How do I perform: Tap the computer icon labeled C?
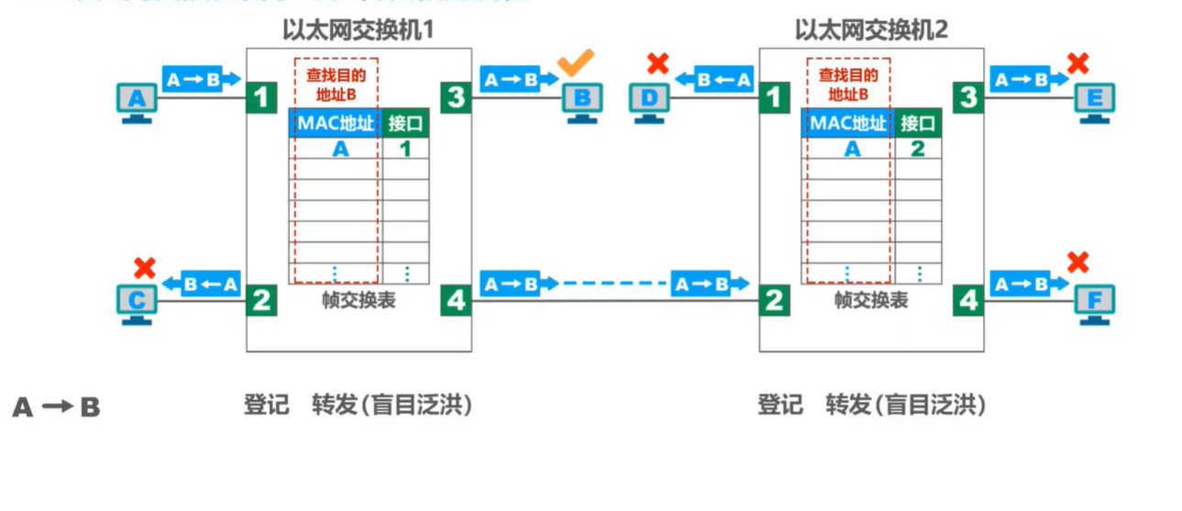point(137,302)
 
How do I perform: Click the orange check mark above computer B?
point(576,62)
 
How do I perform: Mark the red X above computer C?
point(143,268)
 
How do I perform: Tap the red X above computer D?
point(657,63)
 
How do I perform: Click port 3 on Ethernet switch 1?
point(456,97)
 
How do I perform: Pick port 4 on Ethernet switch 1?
point(456,300)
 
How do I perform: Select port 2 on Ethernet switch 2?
point(775,300)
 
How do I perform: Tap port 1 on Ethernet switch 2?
point(775,97)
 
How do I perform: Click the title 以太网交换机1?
point(358,30)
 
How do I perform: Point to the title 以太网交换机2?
point(871,30)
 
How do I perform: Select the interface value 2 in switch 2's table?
point(918,149)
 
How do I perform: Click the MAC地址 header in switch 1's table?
point(335,124)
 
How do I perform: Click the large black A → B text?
point(56,407)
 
